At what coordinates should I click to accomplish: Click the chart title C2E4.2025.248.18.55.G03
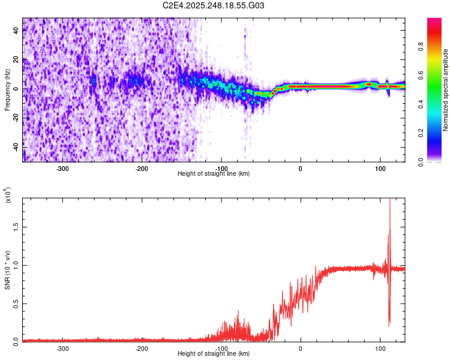click(x=214, y=6)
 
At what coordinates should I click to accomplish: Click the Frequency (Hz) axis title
click(x=7, y=89)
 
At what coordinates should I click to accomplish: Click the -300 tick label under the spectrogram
click(x=63, y=168)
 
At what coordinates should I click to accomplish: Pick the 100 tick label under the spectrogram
click(x=380, y=168)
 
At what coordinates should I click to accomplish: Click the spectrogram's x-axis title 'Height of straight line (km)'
click(x=214, y=174)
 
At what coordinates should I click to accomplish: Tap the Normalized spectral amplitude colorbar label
click(x=446, y=90)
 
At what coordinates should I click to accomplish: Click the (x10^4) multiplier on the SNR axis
click(x=8, y=195)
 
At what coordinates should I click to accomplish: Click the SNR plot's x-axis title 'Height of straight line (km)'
click(x=214, y=354)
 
